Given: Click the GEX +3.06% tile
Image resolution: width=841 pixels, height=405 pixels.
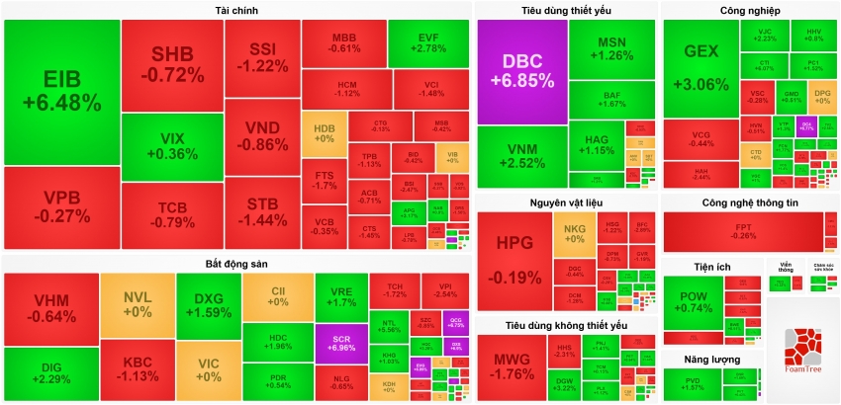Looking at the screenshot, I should click(699, 69).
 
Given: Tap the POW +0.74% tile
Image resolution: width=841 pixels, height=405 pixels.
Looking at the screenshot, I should click(692, 300).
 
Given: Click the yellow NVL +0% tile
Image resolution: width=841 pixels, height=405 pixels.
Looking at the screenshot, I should click(137, 303).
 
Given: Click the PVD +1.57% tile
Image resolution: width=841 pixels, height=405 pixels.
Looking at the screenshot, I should click(691, 383).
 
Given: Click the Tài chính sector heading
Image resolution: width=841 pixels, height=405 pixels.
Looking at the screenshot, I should click(236, 10).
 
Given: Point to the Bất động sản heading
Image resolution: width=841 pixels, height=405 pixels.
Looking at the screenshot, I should click(236, 264).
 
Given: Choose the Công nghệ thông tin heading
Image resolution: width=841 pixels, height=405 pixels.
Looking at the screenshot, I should click(749, 202).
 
